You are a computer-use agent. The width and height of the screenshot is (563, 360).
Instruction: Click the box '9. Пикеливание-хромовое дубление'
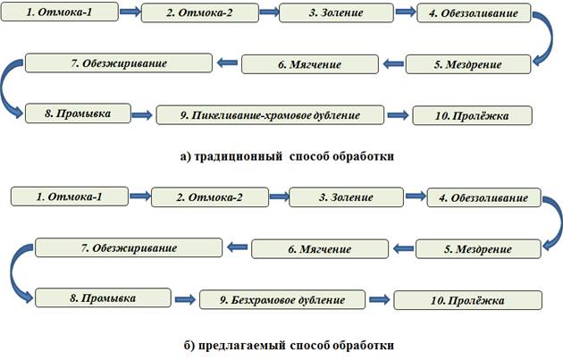(271, 115)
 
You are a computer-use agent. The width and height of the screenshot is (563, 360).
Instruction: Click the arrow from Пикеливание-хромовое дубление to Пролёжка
(399, 114)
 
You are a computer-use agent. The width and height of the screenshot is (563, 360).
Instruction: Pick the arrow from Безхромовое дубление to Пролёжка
(381, 299)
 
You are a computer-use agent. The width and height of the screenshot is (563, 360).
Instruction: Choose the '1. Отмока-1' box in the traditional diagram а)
(59, 14)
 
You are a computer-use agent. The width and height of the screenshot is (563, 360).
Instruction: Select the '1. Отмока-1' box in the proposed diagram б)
(70, 196)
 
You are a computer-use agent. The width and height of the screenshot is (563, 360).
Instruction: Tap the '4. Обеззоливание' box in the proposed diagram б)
(483, 197)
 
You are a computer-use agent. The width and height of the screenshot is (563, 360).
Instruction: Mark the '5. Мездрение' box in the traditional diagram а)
(467, 64)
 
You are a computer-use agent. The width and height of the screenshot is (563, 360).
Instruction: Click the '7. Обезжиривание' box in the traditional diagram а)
(117, 63)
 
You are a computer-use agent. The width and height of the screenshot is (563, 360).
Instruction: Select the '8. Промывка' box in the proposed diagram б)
(97, 296)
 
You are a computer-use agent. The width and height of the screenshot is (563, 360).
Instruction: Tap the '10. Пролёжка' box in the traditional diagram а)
(472, 115)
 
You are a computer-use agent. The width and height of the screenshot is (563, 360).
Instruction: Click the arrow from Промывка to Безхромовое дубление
(184, 298)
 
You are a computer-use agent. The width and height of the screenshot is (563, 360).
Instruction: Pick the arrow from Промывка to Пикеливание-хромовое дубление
(143, 113)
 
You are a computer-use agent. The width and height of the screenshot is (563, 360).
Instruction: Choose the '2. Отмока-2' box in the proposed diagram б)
(208, 197)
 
